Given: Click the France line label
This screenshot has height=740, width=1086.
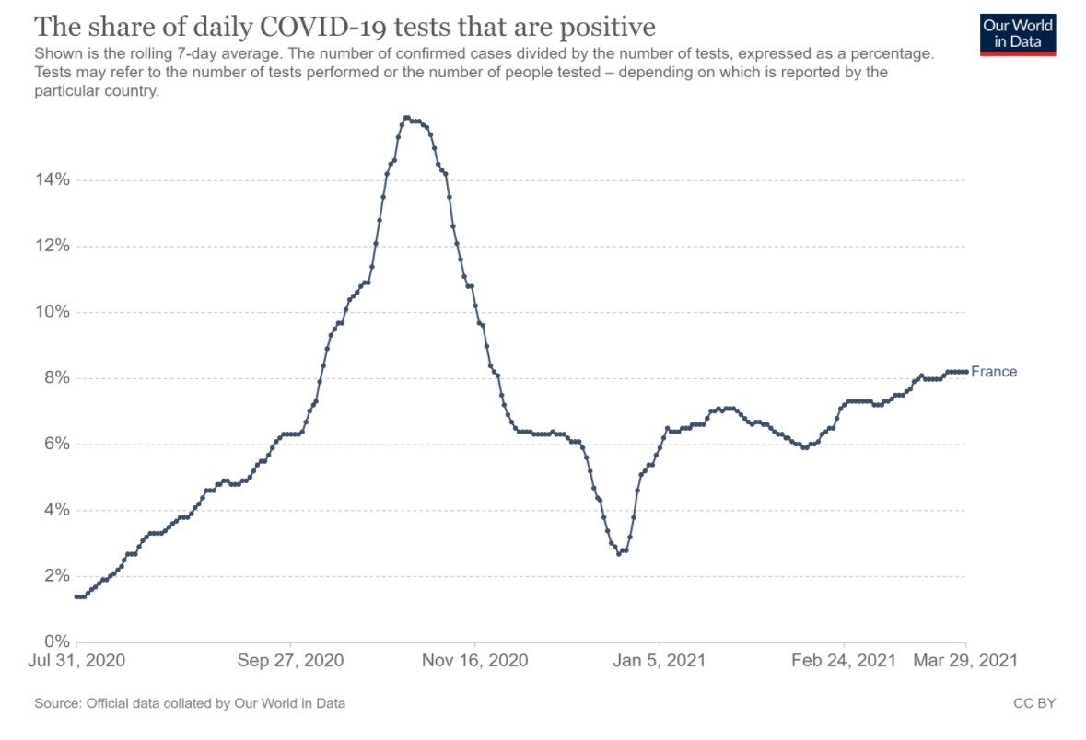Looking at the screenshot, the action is pos(994,372).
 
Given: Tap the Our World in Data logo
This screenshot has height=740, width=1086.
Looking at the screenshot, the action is pos(1018,34).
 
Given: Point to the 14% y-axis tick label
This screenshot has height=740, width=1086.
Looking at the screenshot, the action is pos(53,180).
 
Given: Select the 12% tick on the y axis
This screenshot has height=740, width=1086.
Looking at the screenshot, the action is pos(53,246).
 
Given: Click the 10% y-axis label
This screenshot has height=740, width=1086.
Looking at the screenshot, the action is pos(53,311).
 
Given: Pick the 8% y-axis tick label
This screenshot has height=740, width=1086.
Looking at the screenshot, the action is pos(57,378).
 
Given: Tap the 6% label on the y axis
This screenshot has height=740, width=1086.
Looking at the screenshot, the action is pos(57,444).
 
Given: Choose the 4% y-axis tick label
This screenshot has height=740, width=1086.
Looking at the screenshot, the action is pos(57,510).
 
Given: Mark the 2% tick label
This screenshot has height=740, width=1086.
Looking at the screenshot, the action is pos(57,576).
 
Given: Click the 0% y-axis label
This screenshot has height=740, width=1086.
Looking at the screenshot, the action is pos(57,642).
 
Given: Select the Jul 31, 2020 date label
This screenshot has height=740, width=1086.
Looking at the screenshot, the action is pos(76,661).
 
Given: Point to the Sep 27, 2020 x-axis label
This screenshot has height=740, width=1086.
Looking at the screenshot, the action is pos(290,661).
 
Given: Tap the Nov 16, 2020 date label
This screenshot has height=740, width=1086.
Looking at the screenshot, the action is pos(475,661).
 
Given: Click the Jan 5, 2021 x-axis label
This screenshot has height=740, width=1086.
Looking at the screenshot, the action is pos(660,661).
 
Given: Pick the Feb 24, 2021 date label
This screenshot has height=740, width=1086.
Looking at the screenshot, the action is pos(844,661).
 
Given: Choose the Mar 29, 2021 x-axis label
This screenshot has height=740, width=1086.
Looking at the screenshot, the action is pos(965,661).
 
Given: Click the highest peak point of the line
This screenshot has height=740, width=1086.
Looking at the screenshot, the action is pos(406,118).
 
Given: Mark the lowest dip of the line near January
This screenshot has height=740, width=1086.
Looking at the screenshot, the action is pos(618,554).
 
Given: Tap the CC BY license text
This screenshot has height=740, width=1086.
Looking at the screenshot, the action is pos(1034,703).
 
